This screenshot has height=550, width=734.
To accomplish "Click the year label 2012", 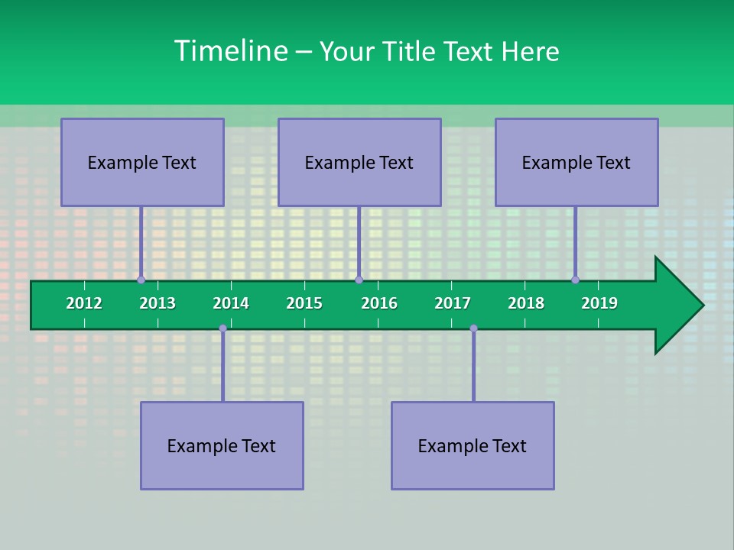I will (x=84, y=303).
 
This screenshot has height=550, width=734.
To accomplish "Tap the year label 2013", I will (x=158, y=303).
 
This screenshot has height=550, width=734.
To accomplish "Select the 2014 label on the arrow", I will (x=231, y=303).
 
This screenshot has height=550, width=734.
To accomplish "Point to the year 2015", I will (x=304, y=303).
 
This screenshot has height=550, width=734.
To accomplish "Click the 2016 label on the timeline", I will (x=379, y=303).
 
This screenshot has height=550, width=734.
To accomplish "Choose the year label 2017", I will (x=453, y=303).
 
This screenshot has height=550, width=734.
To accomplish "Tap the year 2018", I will (x=526, y=303).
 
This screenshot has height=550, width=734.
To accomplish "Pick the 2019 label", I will (x=599, y=303).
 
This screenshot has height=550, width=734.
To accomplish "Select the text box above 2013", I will (x=142, y=162).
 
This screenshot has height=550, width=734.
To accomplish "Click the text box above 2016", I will (x=359, y=162).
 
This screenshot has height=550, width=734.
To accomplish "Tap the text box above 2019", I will (x=576, y=162).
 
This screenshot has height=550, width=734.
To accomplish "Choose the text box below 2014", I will (x=222, y=445).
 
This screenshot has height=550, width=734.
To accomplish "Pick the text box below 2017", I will (x=473, y=445).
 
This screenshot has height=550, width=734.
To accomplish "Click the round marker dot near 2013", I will (x=141, y=280).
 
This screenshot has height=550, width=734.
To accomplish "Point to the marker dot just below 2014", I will (x=222, y=328).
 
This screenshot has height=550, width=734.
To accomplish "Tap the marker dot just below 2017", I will (x=473, y=328).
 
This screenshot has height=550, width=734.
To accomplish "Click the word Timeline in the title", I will (x=230, y=51).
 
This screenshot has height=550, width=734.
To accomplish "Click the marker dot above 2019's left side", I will (x=575, y=280).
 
